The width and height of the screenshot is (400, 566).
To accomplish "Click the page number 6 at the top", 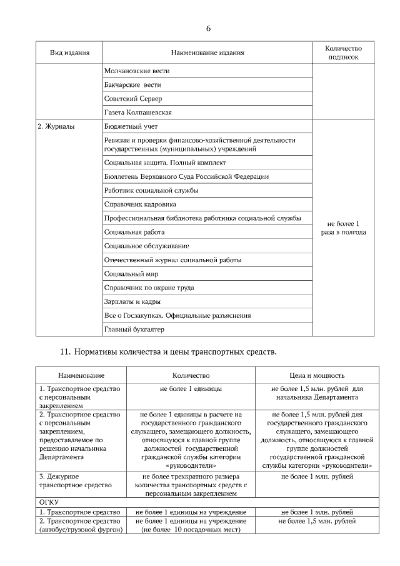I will coord(208,29).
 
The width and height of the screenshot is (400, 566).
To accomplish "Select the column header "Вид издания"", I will coord(69,53).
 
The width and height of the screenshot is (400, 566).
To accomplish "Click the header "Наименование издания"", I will coord(207,53).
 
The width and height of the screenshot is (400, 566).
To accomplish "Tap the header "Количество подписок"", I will coord(344,53).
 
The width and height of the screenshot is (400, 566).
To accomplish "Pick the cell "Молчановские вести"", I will coord(137,71).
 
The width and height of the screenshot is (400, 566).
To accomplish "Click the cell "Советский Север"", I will coord(133,99).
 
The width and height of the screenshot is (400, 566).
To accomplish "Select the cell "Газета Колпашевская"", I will coord(138,113).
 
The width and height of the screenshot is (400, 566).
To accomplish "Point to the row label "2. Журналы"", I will coord(56,126).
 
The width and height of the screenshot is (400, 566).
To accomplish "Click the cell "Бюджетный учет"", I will coord(131,126).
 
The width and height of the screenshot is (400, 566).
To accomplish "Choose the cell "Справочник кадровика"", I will coord(140,204).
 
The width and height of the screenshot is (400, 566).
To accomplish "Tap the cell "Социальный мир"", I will coord(131,274).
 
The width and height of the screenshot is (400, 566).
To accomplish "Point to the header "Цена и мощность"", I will coord(317,376).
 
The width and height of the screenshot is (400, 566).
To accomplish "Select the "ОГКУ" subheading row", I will coord(49,502).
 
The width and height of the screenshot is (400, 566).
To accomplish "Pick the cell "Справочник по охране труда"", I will coord(149,288).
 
